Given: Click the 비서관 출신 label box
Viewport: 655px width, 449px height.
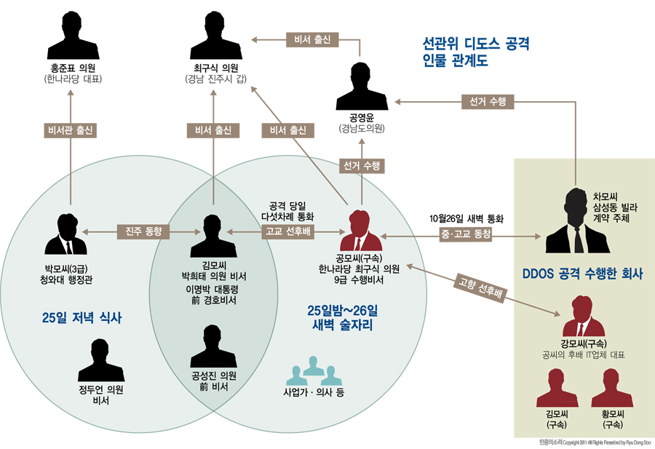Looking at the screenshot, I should click(x=71, y=131).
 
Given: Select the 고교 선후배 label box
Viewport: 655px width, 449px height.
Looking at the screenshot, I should click(x=287, y=232).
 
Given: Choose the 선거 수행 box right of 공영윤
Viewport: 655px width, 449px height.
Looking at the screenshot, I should click(x=487, y=101).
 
